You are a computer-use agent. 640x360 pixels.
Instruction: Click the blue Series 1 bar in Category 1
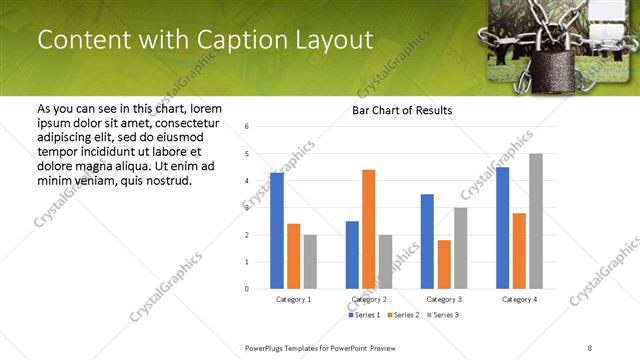pos(277,231)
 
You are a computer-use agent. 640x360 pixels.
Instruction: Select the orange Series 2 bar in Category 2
pos(368,229)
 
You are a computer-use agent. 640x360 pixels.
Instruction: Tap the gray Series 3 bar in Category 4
pos(536,221)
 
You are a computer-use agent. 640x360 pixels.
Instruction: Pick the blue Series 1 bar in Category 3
pos(427,241)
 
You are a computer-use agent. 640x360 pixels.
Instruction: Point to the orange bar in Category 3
pos(444,264)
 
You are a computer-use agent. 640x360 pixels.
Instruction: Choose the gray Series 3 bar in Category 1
pos(310,262)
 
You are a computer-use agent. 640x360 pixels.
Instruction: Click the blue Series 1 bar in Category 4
pos(503,228)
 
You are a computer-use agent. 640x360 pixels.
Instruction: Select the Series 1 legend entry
pos(364,315)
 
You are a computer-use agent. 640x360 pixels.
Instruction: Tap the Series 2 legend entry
pos(404,315)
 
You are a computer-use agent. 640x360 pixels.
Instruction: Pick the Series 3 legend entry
pos(444,315)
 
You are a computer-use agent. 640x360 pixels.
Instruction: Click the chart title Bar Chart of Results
pos(402,110)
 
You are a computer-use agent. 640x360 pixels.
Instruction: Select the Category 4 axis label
pos(519,299)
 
